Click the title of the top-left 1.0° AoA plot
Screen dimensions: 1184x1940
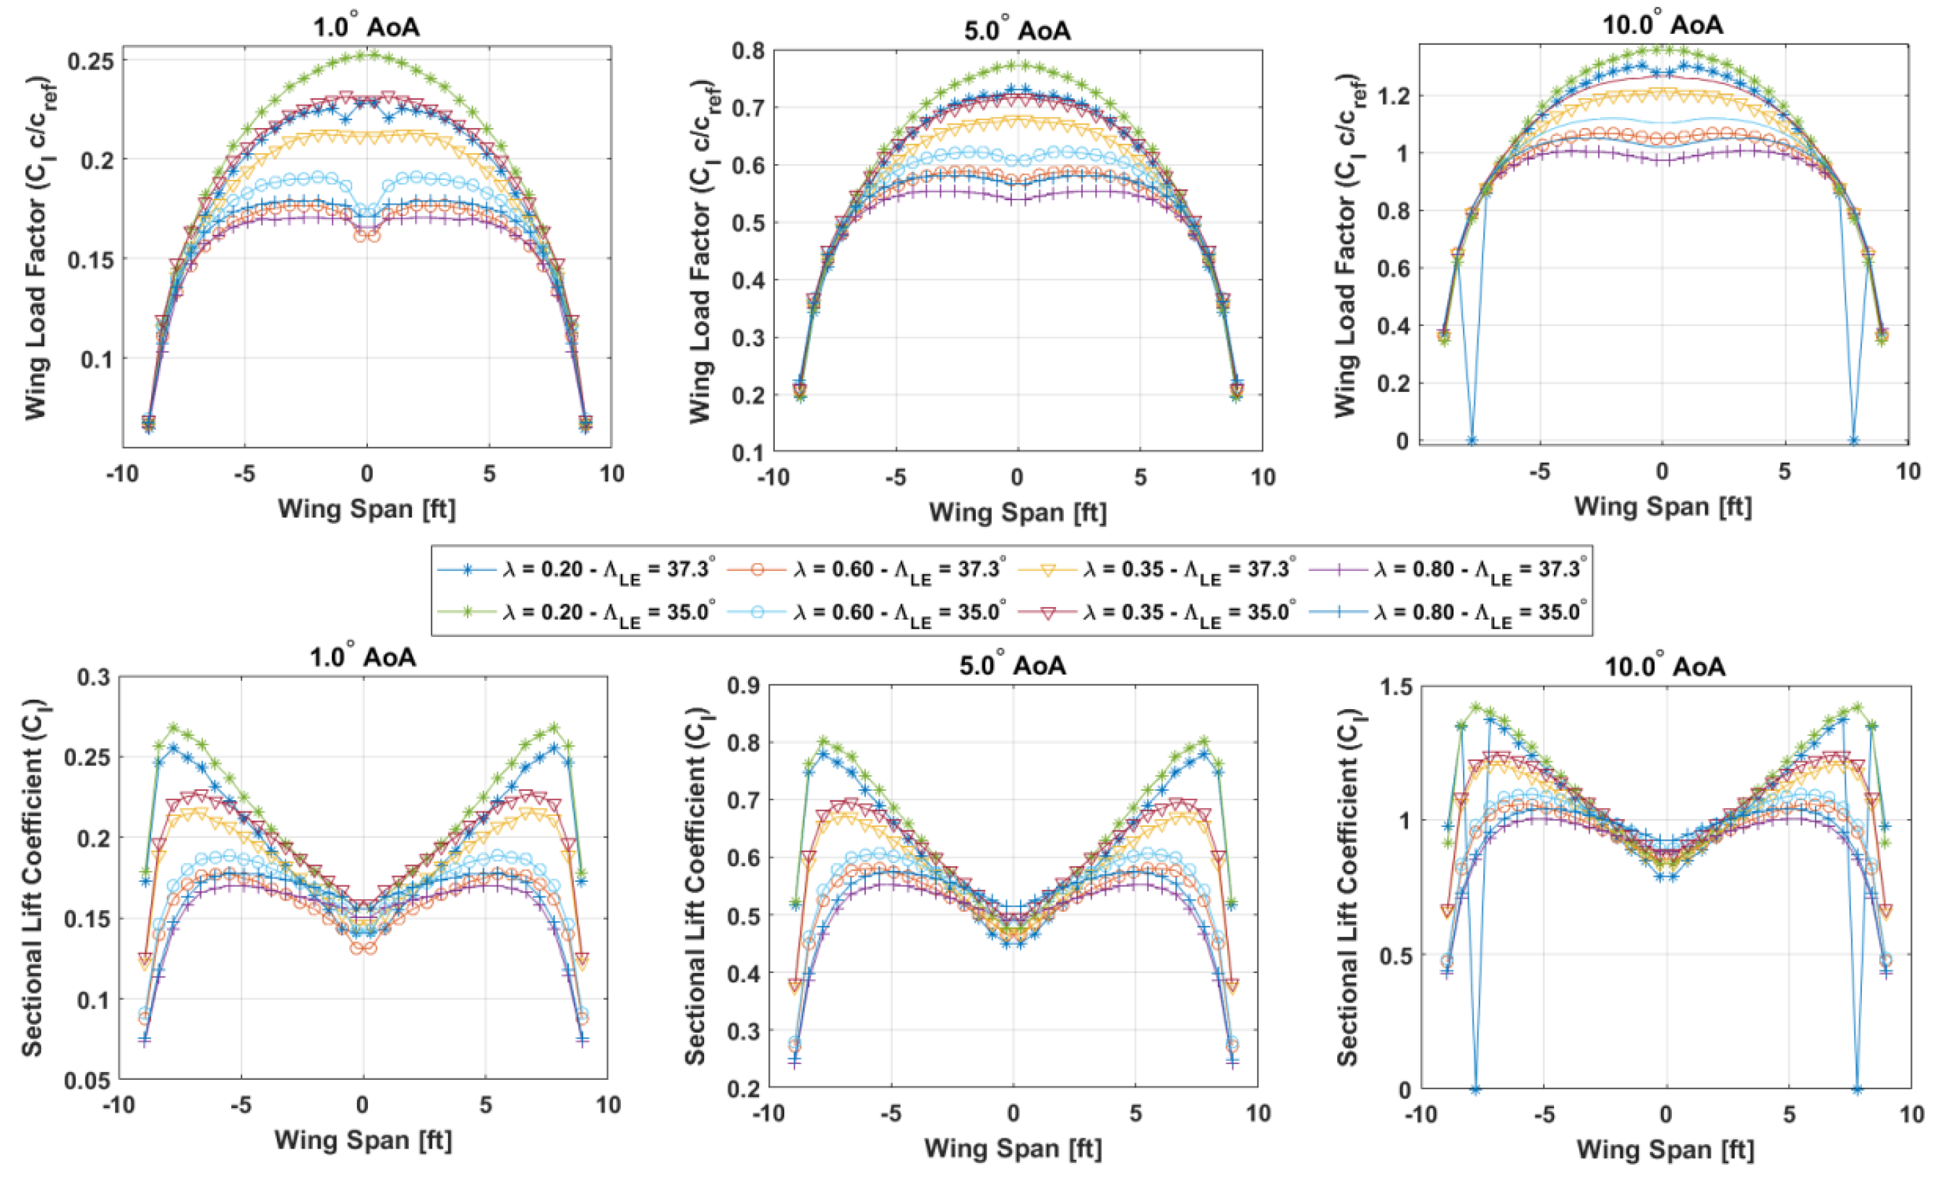(x=366, y=27)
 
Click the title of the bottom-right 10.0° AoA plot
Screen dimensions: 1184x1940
(x=1665, y=666)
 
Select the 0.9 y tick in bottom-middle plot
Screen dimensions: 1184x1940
(x=744, y=685)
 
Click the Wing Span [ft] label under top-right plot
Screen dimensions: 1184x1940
(x=1663, y=506)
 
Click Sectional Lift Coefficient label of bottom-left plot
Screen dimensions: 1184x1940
(x=32, y=878)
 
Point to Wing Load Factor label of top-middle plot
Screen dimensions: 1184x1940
(x=700, y=252)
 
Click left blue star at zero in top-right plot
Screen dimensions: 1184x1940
(x=1471, y=440)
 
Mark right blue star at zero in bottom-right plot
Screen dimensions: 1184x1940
(x=1858, y=1089)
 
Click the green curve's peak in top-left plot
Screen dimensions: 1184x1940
(x=367, y=55)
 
